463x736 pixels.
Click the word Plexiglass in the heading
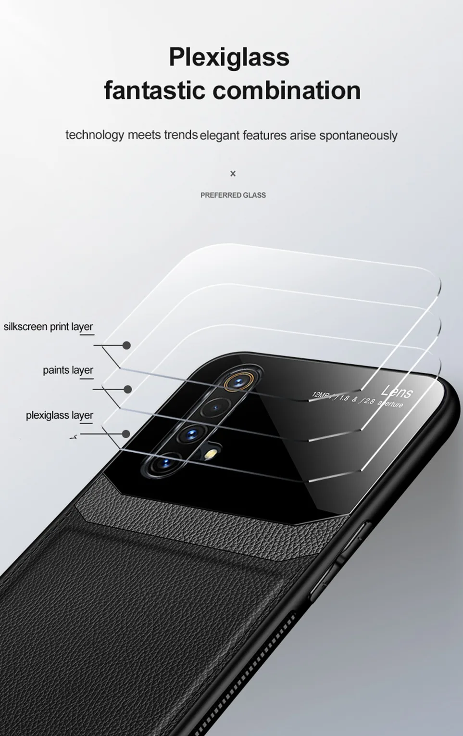click(229, 57)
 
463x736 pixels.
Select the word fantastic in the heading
click(155, 90)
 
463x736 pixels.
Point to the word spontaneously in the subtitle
click(358, 136)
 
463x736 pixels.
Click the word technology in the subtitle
click(95, 135)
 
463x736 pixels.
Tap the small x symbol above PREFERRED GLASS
click(233, 174)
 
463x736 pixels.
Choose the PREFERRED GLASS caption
click(233, 195)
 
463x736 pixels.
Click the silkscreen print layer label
click(48, 327)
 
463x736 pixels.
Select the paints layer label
click(68, 370)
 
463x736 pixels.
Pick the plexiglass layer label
click(59, 415)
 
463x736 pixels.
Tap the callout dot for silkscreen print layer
click(126, 345)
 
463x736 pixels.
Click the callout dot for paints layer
click(127, 389)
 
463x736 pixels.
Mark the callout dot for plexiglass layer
click(126, 434)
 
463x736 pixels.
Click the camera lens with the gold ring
click(237, 383)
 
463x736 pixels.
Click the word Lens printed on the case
click(397, 392)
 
